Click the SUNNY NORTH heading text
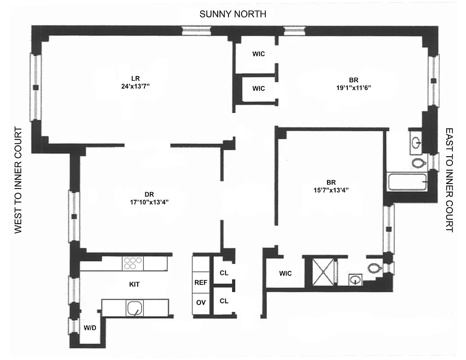point(233,14)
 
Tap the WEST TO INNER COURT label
point(18,180)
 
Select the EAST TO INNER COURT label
point(449,180)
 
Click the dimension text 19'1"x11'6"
point(353,88)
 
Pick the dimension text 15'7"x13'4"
point(331,190)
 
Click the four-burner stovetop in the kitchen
point(133,263)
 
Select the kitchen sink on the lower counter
point(134,308)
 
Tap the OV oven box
point(201,302)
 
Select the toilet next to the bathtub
point(419,162)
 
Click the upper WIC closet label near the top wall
point(258,54)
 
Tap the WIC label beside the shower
point(285,273)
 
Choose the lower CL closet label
point(224,301)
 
